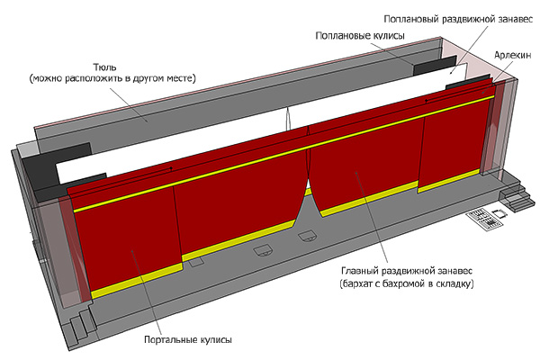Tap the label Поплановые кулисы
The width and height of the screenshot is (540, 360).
click(359, 36)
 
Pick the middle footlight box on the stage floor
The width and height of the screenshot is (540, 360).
click(265, 249)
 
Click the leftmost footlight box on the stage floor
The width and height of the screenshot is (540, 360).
click(196, 263)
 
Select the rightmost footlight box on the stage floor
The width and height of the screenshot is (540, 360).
click(307, 237)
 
